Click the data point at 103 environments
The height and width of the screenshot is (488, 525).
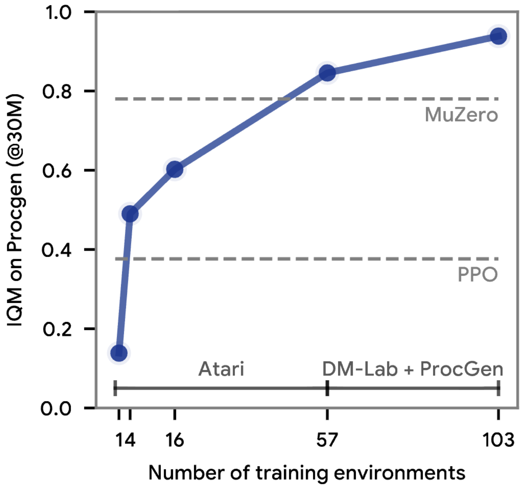498,36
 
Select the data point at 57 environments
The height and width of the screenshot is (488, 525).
327,73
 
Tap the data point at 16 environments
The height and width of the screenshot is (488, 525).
175,170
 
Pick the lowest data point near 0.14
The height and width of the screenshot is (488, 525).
119,353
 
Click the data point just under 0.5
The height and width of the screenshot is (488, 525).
130,214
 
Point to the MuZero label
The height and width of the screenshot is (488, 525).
461,115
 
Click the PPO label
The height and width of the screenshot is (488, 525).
477,274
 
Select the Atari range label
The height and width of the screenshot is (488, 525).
221,369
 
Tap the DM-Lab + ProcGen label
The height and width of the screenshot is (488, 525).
412,369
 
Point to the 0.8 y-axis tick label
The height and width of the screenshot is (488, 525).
57,91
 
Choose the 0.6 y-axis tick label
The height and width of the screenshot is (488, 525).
57,171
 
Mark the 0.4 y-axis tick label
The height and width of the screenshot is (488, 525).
57,250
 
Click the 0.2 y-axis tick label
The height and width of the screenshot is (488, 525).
57,329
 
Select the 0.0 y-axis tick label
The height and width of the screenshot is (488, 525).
56,409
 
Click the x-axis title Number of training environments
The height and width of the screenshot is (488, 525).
307,473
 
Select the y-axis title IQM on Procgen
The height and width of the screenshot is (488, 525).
16,210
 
